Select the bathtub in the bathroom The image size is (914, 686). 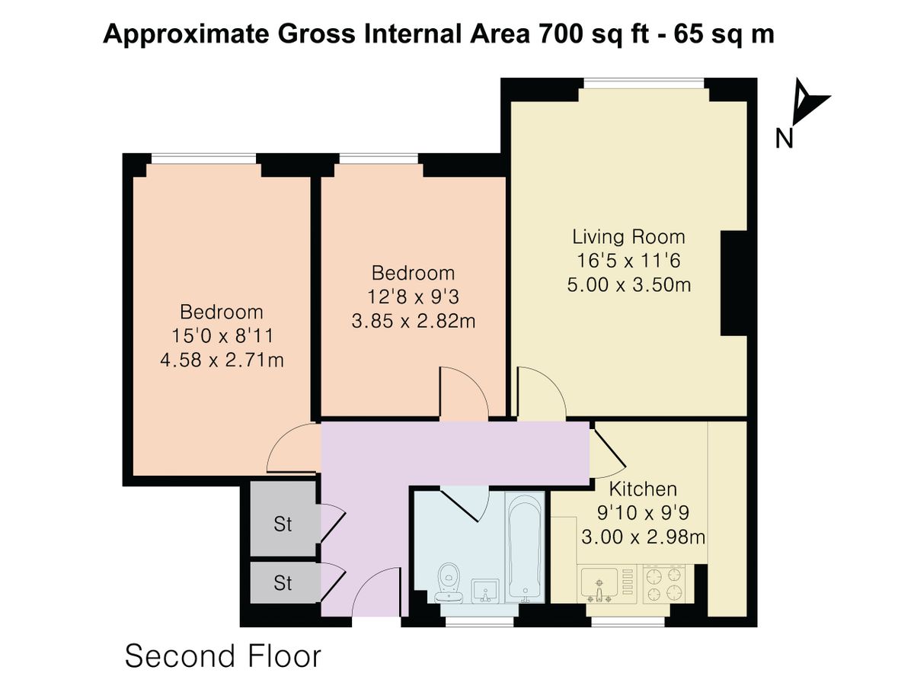tap(525, 548)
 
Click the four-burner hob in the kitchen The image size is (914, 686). tap(663, 584)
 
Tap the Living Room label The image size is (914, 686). tap(628, 236)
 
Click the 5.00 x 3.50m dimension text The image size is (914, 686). tap(628, 285)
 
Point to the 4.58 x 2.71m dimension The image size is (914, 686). tap(222, 359)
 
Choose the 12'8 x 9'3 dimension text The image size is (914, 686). tap(413, 297)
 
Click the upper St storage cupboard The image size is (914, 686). tap(283, 524)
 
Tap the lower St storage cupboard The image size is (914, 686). tap(283, 583)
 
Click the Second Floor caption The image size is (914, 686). tap(223, 656)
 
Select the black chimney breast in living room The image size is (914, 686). tap(734, 283)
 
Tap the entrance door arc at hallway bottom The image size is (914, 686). tap(377, 595)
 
